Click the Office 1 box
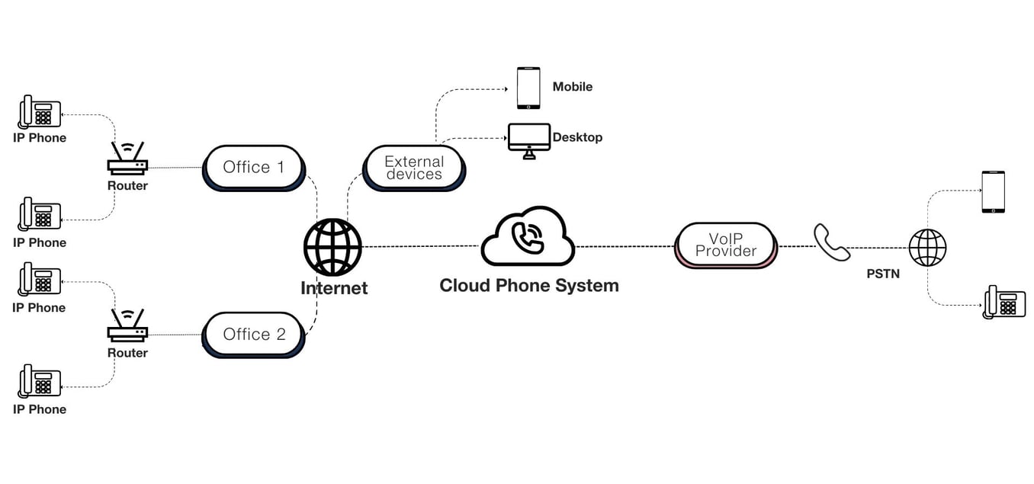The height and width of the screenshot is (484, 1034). tap(253, 167)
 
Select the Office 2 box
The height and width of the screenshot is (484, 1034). tap(253, 334)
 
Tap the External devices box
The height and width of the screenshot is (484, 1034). tap(413, 168)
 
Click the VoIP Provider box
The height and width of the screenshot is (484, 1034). tap(726, 245)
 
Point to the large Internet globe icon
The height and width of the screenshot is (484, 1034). tap(332, 247)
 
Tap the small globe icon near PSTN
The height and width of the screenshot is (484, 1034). tap(927, 248)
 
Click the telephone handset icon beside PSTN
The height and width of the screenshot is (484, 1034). tap(830, 242)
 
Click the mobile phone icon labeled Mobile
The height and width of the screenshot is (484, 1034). tap(528, 88)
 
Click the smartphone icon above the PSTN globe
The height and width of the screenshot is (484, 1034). tap(993, 191)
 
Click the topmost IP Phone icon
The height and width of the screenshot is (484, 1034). tap(40, 111)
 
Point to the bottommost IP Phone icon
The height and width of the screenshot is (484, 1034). tap(40, 381)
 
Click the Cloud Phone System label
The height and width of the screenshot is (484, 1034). tap(529, 286)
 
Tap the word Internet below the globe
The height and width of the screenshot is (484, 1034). tap(334, 288)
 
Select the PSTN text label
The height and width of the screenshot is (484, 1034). tap(883, 274)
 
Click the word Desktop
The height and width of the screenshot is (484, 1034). tap(577, 137)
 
